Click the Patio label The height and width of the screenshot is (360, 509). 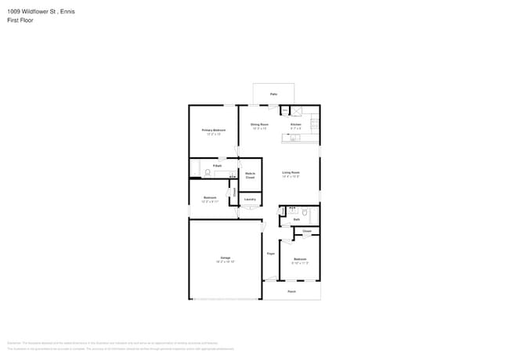pyautogui.click(x=274, y=95)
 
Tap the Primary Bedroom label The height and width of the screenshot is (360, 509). pyautogui.click(x=214, y=130)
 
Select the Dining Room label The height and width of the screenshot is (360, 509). pyautogui.click(x=259, y=124)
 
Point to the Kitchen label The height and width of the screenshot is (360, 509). pyautogui.click(x=296, y=124)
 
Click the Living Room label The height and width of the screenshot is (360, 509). pyautogui.click(x=291, y=172)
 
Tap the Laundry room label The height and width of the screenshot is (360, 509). pyautogui.click(x=250, y=200)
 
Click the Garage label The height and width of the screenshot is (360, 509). pyautogui.click(x=225, y=257)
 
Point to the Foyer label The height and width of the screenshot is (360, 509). pyautogui.click(x=271, y=254)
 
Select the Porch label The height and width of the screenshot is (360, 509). pyautogui.click(x=291, y=291)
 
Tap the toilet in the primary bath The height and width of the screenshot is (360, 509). pyautogui.click(x=208, y=172)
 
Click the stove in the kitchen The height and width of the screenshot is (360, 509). pyautogui.click(x=315, y=121)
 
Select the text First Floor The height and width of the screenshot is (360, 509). pyautogui.click(x=20, y=20)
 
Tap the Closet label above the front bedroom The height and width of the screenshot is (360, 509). pyautogui.click(x=307, y=232)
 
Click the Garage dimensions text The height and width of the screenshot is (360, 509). pyautogui.click(x=225, y=261)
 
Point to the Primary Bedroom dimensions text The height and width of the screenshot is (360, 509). pyautogui.click(x=214, y=135)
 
